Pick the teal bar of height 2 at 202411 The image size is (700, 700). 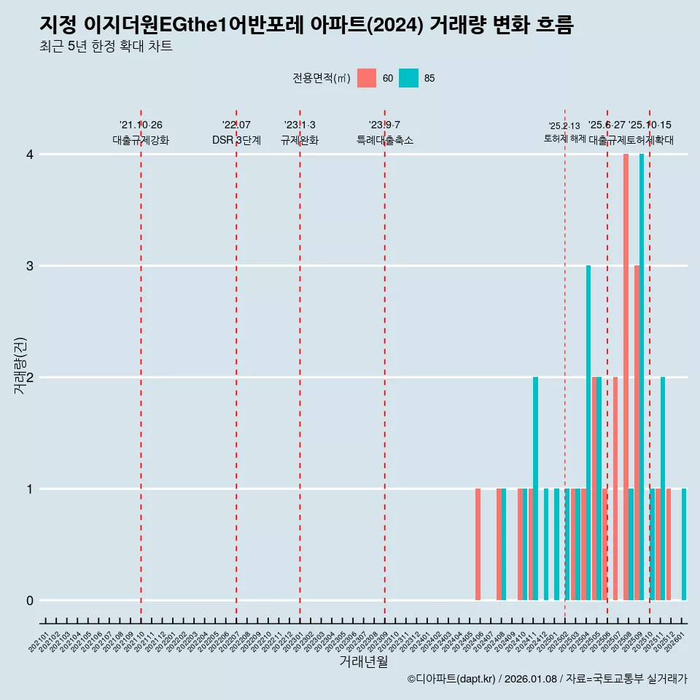point(535,489)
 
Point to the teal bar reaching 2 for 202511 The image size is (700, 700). point(663,489)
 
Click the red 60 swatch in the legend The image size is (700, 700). point(367,78)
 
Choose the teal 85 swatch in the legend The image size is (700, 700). point(409,78)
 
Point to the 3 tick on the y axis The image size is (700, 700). point(30,266)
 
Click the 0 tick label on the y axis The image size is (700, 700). point(30,601)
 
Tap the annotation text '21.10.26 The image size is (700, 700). point(141,125)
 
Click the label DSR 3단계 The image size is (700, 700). point(236,140)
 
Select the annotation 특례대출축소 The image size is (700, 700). point(384,140)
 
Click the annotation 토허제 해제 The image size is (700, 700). point(564,138)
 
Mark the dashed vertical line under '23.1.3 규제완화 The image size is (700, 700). point(300,365)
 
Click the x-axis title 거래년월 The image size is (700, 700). point(363,661)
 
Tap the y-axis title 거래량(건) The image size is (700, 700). point(20,365)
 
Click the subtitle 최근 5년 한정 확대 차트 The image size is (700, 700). point(106,47)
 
